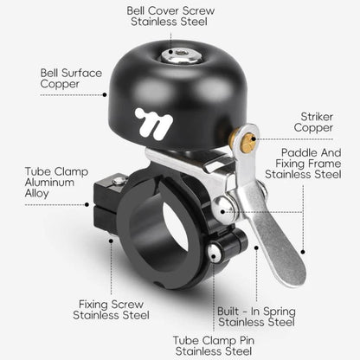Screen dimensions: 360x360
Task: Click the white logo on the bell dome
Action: pos(154,124)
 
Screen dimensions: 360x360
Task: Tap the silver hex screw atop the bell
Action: pos(181,55)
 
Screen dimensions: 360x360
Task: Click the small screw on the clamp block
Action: pos(119,181)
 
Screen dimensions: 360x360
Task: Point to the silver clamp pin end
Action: pos(214,253)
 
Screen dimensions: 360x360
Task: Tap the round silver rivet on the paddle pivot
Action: pos(223,209)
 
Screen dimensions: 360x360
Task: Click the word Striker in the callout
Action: pos(317,117)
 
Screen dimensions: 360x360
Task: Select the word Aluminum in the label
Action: pos(49,183)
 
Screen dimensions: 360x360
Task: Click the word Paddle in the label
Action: pos(299,152)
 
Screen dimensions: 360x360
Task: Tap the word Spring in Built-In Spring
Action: pos(280,312)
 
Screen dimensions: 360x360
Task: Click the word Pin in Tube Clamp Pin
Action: pos(247,340)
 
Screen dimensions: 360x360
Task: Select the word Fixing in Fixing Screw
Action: pos(93,305)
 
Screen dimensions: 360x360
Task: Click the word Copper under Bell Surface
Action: pos(60,84)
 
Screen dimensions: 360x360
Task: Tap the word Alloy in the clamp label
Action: pos(36,194)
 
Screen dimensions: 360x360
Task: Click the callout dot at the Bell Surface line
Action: pos(105,94)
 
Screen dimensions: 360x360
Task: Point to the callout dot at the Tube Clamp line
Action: pos(87,204)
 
